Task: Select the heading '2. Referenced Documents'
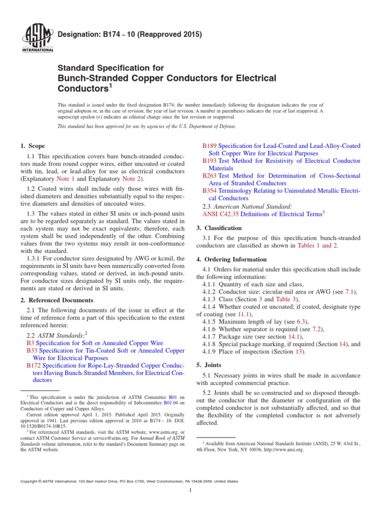point(57,300)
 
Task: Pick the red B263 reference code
point(210,176)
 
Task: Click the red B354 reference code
point(210,190)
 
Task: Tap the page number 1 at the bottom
point(190,491)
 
